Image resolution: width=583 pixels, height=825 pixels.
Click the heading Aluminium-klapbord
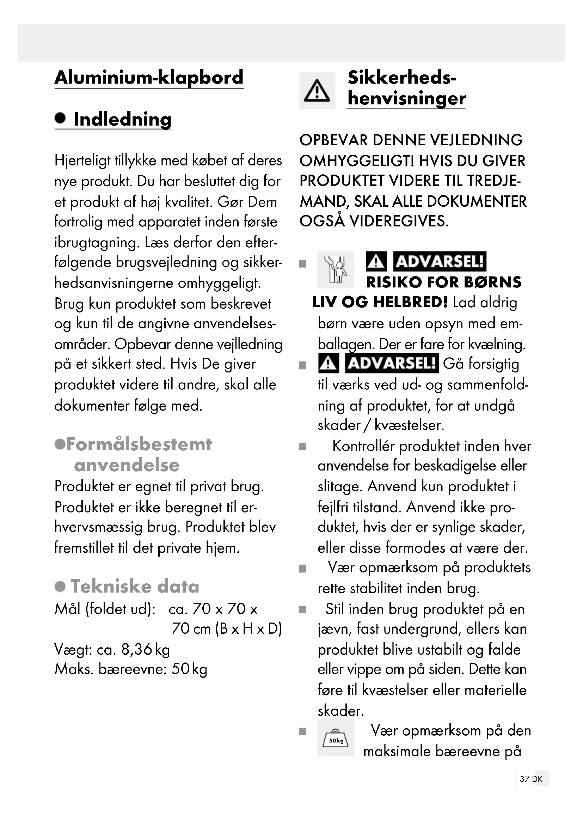pyautogui.click(x=149, y=78)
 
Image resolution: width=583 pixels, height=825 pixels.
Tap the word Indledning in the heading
pyautogui.click(x=122, y=119)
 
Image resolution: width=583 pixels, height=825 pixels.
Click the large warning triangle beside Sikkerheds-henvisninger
pyautogui.click(x=317, y=91)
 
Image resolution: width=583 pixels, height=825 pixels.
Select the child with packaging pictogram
pyautogui.click(x=335, y=269)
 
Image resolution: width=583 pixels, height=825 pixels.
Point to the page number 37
pyautogui.click(x=524, y=779)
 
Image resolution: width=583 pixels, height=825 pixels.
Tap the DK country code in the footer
pyautogui.click(x=538, y=779)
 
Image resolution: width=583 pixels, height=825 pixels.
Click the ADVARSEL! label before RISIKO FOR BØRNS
pyautogui.click(x=440, y=261)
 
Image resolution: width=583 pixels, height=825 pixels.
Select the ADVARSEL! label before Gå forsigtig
pyautogui.click(x=391, y=363)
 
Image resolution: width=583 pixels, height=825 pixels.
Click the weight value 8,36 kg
pyautogui.click(x=145, y=650)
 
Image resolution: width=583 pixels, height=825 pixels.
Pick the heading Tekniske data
pyautogui.click(x=135, y=587)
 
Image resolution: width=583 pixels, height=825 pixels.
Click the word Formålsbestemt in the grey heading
pyautogui.click(x=139, y=444)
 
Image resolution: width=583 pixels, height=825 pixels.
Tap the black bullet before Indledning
pyautogui.click(x=60, y=118)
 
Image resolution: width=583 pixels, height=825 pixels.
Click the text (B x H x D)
pyautogui.click(x=248, y=629)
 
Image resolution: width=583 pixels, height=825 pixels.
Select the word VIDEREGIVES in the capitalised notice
pyautogui.click(x=399, y=222)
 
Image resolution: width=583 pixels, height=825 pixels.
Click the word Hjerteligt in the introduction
pyautogui.click(x=82, y=160)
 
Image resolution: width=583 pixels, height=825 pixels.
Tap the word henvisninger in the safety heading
pyautogui.click(x=406, y=98)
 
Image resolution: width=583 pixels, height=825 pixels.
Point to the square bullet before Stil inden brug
pyautogui.click(x=303, y=609)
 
